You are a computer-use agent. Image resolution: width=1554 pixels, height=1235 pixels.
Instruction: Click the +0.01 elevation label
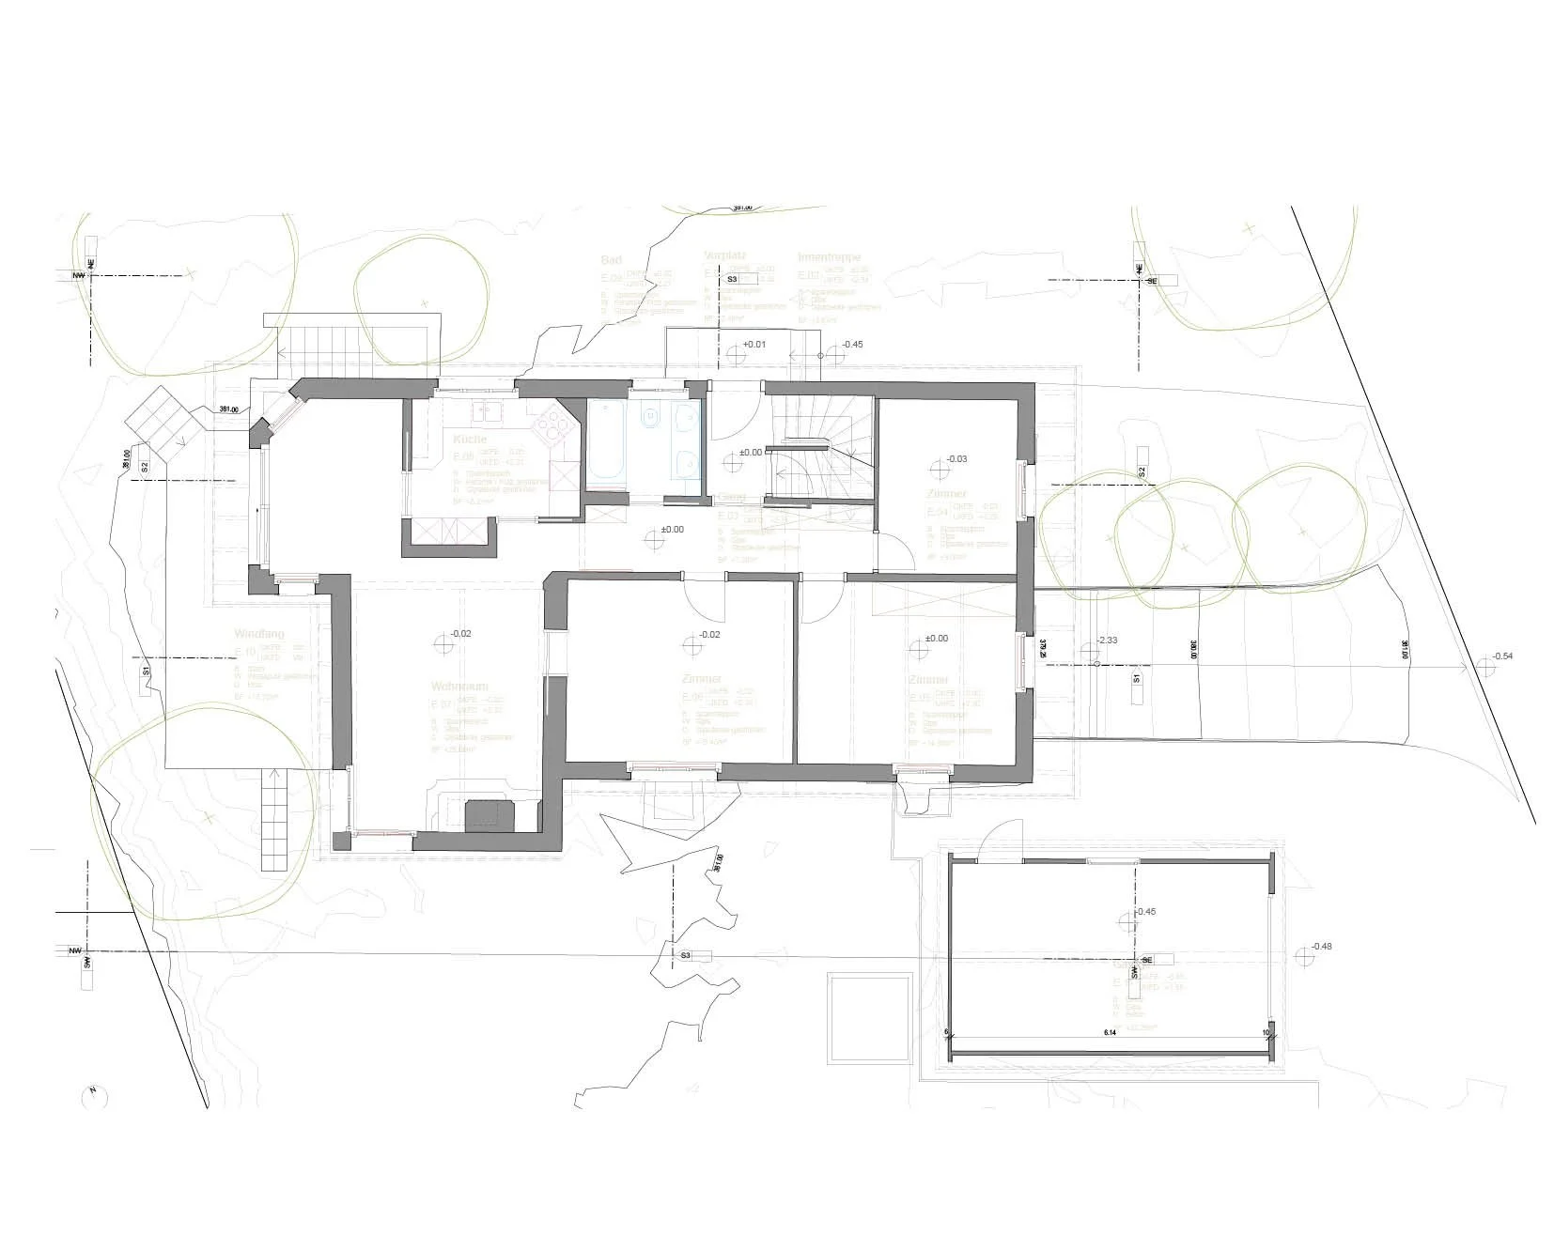click(754, 344)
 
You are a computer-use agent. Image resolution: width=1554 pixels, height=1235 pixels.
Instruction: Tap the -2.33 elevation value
click(1107, 641)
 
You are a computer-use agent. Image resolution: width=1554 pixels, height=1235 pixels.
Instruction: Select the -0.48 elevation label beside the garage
click(1321, 946)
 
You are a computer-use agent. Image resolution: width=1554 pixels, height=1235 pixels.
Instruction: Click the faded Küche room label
click(470, 440)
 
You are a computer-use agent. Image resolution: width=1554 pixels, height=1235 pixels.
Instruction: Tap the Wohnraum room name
click(456, 686)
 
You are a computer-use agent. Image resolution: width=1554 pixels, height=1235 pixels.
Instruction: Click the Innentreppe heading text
click(829, 256)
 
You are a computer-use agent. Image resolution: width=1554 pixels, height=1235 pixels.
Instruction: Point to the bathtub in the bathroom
click(607, 440)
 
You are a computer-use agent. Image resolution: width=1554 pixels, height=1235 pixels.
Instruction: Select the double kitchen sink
click(489, 409)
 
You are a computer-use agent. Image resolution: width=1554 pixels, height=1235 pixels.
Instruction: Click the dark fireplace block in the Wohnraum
click(490, 814)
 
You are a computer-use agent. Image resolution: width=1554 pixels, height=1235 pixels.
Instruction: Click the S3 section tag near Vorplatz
click(732, 279)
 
